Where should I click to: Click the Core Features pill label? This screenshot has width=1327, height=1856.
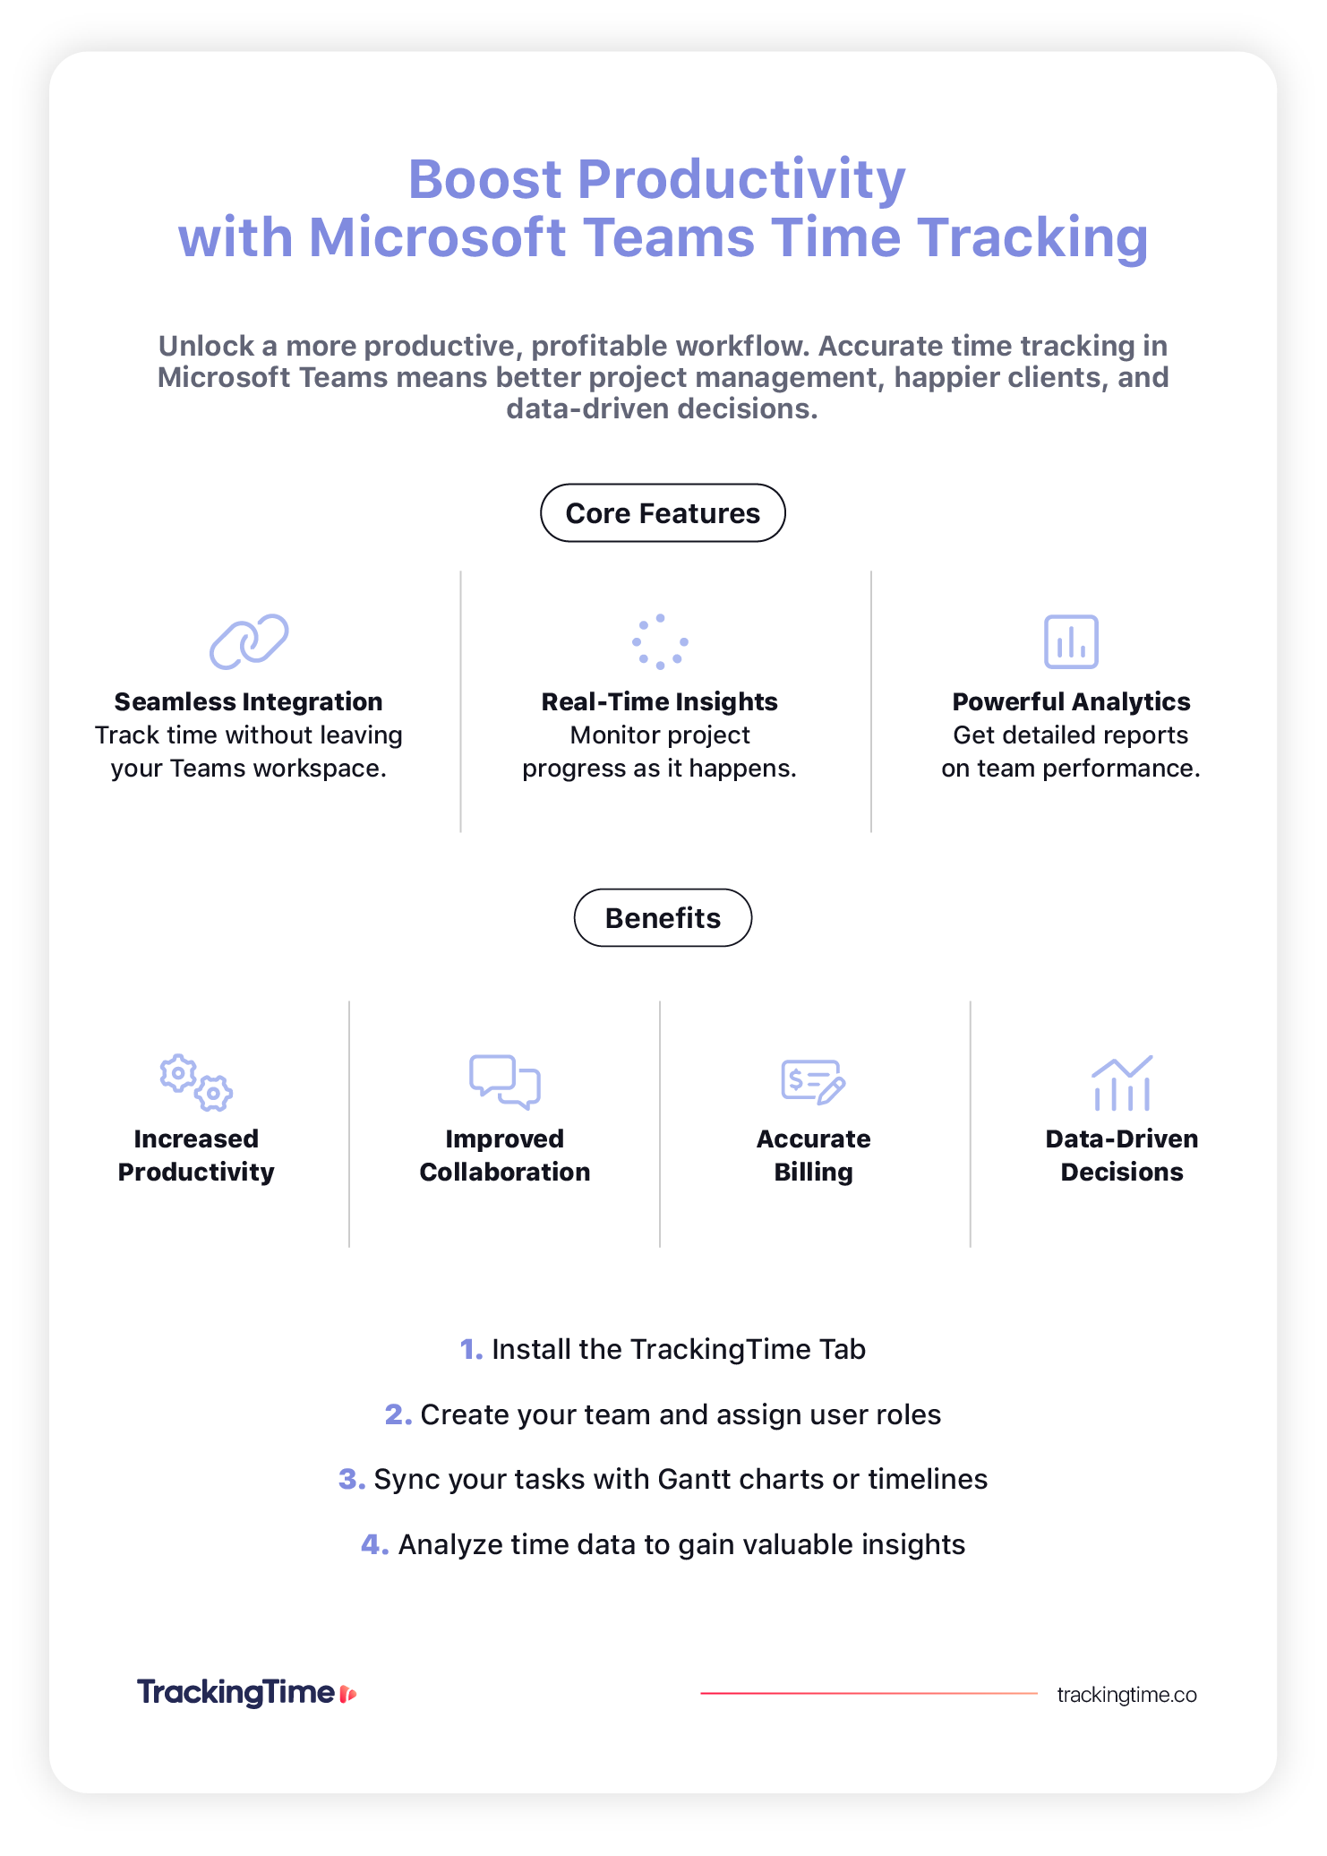click(663, 513)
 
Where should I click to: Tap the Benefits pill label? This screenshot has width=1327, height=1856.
click(663, 918)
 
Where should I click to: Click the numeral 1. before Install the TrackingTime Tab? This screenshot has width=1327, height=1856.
click(471, 1350)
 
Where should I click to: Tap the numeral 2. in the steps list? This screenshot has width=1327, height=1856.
click(398, 1415)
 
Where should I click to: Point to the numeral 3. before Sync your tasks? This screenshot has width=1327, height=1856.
click(352, 1480)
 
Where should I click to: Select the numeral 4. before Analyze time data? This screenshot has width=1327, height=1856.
click(375, 1545)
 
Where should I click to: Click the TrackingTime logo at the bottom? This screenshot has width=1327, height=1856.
click(247, 1692)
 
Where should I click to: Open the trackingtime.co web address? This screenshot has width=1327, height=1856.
click(1126, 1695)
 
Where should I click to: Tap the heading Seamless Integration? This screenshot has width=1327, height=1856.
click(249, 701)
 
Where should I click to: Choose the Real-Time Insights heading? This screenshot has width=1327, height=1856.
click(660, 701)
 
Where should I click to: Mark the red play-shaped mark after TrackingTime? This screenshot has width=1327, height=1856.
click(348, 1694)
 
